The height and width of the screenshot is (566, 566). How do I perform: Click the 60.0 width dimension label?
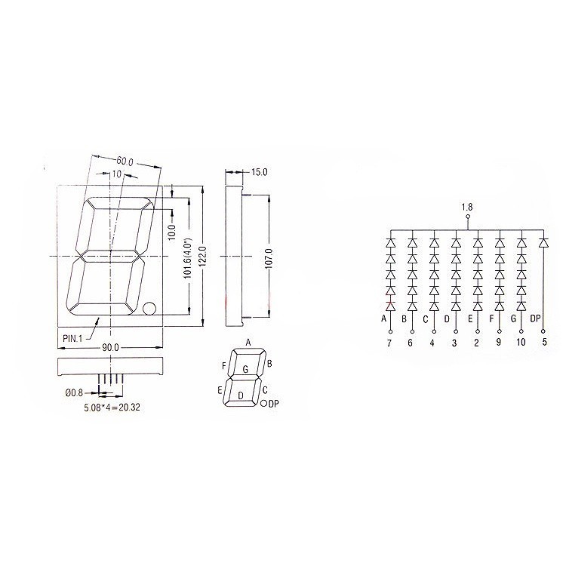click(125, 161)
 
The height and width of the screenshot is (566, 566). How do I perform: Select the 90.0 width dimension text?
click(110, 348)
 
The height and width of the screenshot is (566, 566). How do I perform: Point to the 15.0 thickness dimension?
click(259, 172)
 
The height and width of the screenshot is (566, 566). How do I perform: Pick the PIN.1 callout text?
click(72, 338)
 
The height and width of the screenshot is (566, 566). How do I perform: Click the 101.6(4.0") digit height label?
click(187, 258)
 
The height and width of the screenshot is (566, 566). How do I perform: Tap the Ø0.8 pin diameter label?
click(74, 392)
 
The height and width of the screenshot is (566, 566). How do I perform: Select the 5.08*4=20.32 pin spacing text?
click(112, 408)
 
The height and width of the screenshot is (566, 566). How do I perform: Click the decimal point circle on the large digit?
click(149, 309)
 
